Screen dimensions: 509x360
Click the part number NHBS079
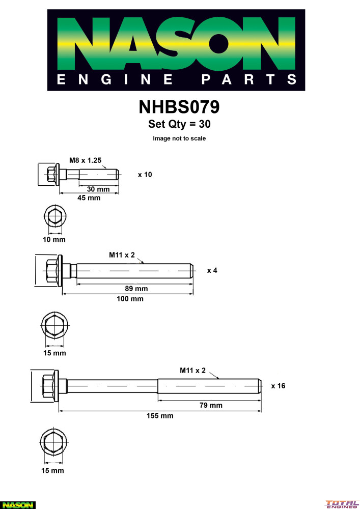pyautogui.click(x=179, y=107)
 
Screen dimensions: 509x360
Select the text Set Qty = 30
pyautogui.click(x=179, y=124)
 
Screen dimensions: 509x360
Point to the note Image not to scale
pyautogui.click(x=179, y=138)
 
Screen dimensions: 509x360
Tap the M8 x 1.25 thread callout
pyautogui.click(x=86, y=160)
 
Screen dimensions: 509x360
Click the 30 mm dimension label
pyautogui.click(x=98, y=189)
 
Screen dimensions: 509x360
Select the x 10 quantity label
pyautogui.click(x=145, y=175)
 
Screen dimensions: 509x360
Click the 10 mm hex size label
pyautogui.click(x=53, y=239)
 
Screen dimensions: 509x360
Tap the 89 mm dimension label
pyautogui.click(x=136, y=289)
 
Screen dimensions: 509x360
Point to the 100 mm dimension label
pyautogui.click(x=130, y=299)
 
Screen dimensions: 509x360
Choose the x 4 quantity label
pyautogui.click(x=212, y=270)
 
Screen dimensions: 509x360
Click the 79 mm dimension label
pyautogui.click(x=211, y=405)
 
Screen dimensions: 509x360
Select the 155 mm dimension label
pyautogui.click(x=160, y=416)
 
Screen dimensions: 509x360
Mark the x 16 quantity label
pyautogui.click(x=278, y=386)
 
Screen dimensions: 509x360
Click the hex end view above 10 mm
pyautogui.click(x=53, y=217)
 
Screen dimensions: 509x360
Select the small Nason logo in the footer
pyautogui.click(x=17, y=504)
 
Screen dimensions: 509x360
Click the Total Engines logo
pyautogui.click(x=342, y=504)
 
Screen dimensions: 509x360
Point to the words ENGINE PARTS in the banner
pyautogui.click(x=176, y=79)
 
